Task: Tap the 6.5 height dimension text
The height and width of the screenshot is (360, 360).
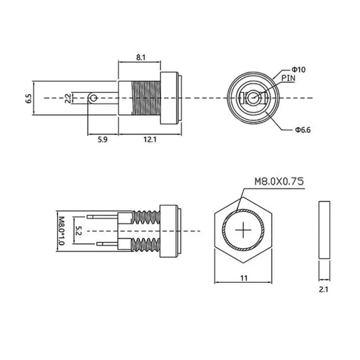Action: tap(28, 98)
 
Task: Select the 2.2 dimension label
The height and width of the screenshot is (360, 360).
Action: tap(67, 98)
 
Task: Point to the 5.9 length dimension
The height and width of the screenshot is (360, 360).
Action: tap(103, 140)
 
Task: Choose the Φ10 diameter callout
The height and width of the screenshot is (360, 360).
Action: tap(298, 69)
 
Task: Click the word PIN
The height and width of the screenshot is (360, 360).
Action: tap(288, 77)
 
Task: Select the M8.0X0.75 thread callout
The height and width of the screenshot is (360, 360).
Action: tap(279, 181)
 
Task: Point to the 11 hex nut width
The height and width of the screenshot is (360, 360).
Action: tap(244, 278)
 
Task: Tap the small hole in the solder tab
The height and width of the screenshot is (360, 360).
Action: tap(94, 98)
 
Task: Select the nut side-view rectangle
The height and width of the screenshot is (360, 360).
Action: tap(324, 230)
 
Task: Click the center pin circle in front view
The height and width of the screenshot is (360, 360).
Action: tap(253, 97)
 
